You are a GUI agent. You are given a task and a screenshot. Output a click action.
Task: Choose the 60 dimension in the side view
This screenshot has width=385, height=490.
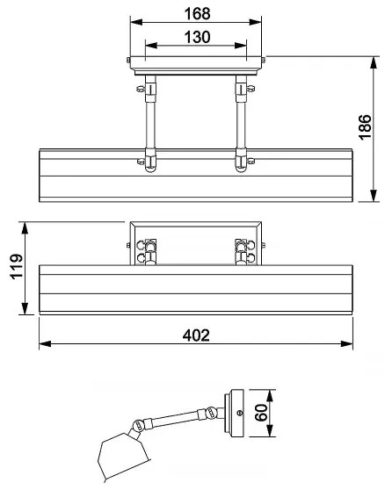click(x=261, y=414)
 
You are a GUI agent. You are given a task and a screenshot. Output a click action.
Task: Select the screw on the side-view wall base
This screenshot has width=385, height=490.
click(x=240, y=413)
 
